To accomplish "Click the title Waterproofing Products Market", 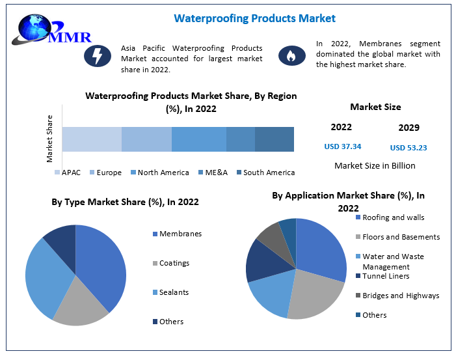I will click(254, 18).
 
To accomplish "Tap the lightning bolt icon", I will click(98, 56).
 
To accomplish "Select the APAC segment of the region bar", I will click(92, 139).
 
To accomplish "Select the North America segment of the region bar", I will click(199, 139).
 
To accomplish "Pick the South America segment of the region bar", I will click(274, 139).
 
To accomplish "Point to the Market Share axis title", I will click(49, 139).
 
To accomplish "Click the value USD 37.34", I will click(342, 146).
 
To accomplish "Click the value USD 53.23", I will click(409, 147).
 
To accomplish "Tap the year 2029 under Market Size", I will click(409, 128).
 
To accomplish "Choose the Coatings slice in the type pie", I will click(81, 303).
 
